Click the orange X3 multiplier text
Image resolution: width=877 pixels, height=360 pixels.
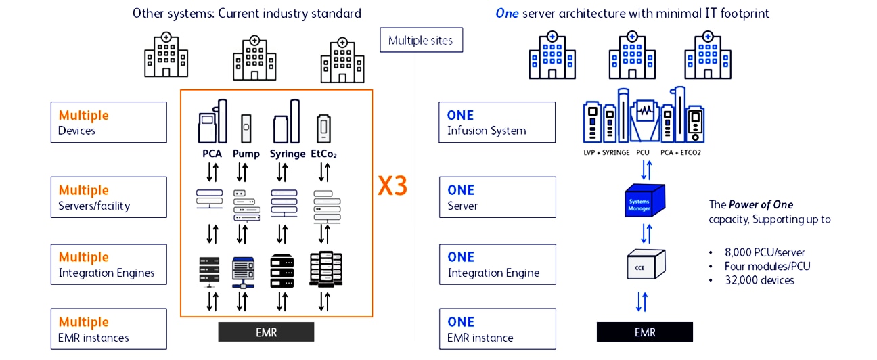392,186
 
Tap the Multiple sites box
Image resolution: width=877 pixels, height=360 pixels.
421,40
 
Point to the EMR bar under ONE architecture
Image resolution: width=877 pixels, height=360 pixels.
644,332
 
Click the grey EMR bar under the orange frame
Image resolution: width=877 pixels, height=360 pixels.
266,332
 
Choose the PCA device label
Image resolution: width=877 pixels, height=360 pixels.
212,154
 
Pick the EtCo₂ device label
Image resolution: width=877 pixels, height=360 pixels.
323,154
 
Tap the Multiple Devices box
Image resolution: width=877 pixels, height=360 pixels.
108,122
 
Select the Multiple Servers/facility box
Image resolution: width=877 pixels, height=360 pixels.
108,197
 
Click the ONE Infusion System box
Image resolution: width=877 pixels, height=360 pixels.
497,122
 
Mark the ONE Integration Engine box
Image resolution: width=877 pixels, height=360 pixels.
497,264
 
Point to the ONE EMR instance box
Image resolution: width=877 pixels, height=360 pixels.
497,329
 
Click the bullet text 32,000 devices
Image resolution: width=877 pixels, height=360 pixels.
759,280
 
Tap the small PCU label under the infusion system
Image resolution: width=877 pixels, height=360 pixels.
643,153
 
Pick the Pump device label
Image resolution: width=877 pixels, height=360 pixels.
246,154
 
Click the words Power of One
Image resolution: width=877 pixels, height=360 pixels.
761,204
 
